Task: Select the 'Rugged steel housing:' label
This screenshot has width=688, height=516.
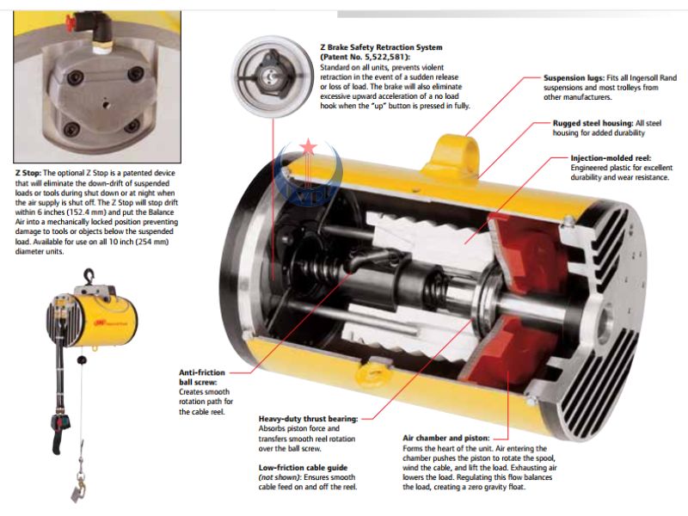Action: (593, 123)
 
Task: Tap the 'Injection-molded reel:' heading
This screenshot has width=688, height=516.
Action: (611, 158)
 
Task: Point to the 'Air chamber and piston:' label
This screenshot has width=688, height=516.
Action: (445, 438)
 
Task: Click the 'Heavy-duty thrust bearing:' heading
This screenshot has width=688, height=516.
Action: (308, 419)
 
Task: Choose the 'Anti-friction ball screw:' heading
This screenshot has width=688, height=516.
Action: (202, 378)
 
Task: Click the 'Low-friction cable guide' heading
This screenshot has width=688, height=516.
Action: (303, 468)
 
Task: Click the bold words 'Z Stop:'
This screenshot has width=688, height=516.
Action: (28, 173)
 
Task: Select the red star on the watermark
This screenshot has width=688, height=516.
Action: (309, 147)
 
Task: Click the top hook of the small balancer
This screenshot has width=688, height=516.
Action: (89, 276)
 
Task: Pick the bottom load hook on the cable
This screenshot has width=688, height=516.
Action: (79, 488)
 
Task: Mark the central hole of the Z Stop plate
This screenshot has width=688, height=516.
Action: (105, 104)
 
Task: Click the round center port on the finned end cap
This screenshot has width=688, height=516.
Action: (608, 316)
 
